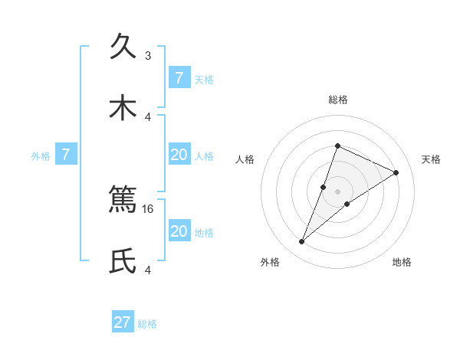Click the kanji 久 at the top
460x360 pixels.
point(123,47)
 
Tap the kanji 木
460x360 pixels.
point(123,108)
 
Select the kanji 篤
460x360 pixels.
point(123,201)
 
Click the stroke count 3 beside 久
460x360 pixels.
point(148,56)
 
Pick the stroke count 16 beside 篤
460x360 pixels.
point(148,208)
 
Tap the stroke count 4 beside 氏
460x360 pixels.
point(148,270)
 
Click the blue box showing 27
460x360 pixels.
point(123,322)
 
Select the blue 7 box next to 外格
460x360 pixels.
point(66,155)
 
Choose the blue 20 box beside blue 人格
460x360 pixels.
point(179,155)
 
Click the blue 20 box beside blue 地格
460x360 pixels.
point(179,231)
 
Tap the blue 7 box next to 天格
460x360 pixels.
point(179,78)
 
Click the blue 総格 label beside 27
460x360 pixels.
point(147,324)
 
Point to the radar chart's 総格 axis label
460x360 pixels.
point(337,100)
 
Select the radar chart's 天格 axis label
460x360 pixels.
point(431,159)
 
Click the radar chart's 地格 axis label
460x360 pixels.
point(402,262)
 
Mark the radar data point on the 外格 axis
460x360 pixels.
point(302,242)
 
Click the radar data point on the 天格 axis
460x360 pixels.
point(396,172)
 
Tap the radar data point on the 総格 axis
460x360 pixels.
point(337,146)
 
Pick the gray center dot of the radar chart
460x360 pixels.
point(337,191)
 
